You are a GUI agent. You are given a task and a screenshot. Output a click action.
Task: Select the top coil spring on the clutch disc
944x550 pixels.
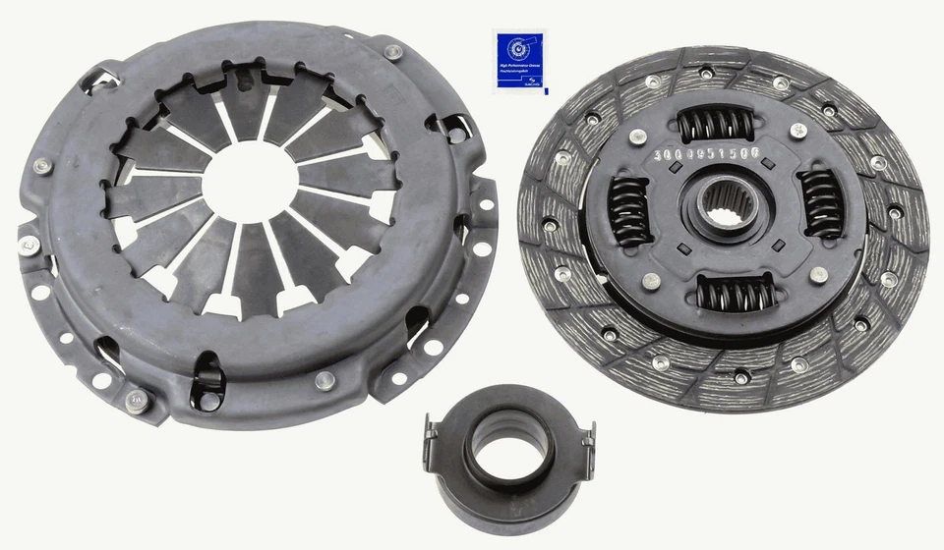(717, 125)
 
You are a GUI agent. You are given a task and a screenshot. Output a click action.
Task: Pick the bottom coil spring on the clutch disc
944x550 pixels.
(735, 293)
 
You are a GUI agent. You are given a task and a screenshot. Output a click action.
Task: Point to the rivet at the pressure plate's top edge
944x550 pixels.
(392, 51)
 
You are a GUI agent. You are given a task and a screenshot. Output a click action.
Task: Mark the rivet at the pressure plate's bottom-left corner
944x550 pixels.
(137, 399)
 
